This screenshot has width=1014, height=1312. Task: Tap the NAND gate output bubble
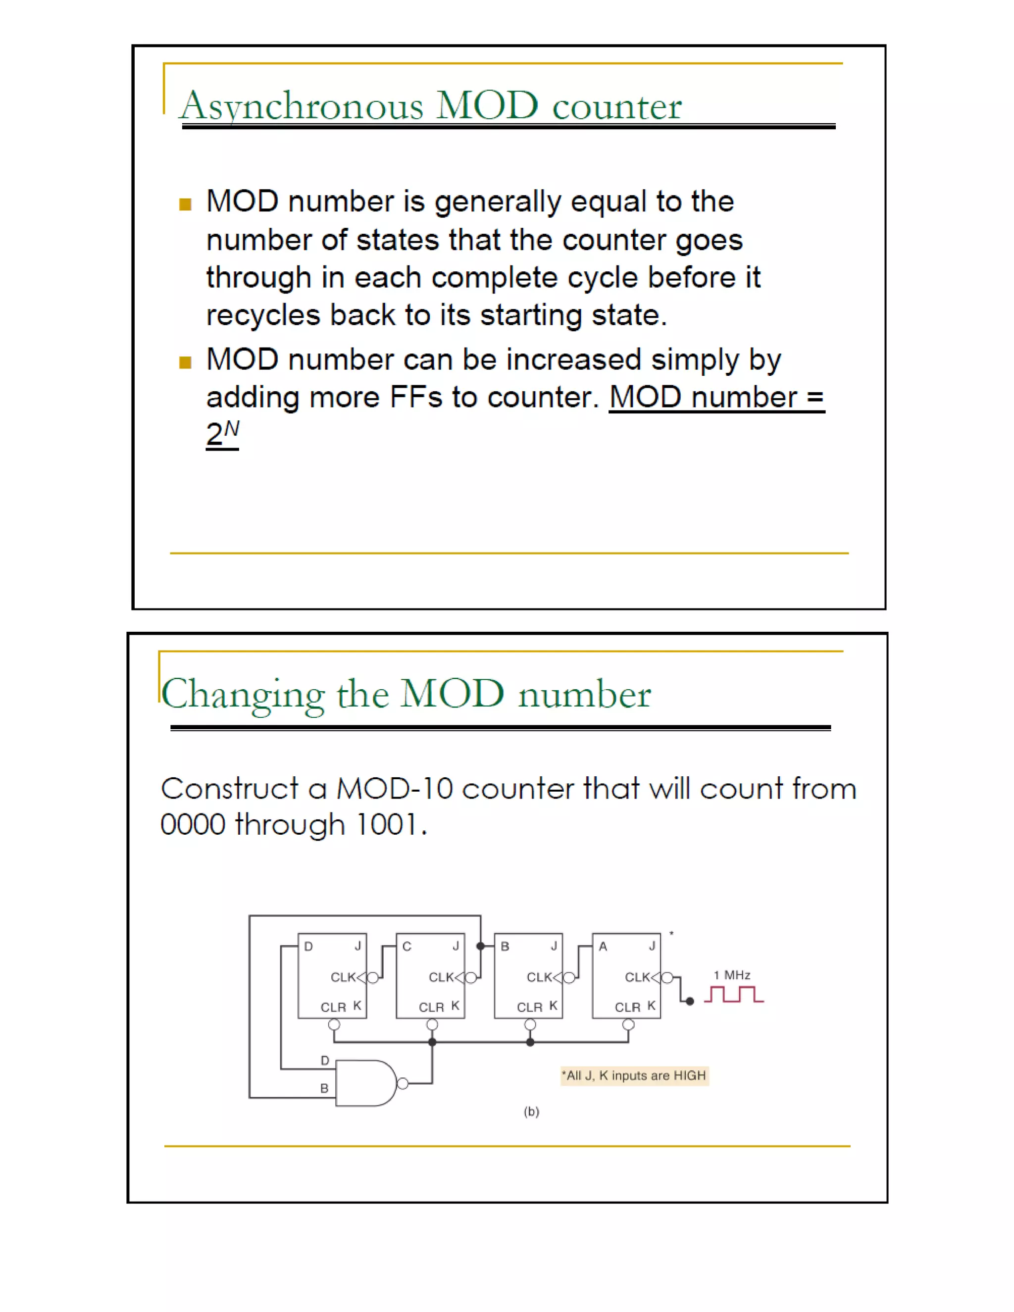[x=403, y=1084]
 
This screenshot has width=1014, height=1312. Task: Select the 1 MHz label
[x=732, y=975]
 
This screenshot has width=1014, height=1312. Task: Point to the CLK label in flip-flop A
[x=637, y=977]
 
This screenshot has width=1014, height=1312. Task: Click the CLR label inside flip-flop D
[x=333, y=1008]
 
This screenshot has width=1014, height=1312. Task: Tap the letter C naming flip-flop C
[x=406, y=947]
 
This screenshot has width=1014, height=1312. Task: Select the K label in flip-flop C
[x=456, y=1006]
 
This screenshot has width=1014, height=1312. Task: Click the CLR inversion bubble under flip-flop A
[x=628, y=1025]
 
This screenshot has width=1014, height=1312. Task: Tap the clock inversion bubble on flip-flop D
[x=372, y=978]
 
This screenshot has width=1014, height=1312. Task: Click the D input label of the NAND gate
[x=325, y=1060]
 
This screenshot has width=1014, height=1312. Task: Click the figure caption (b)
[x=532, y=1111]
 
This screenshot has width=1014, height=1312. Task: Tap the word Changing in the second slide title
[x=243, y=695]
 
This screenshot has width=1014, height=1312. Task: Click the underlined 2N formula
[x=222, y=433]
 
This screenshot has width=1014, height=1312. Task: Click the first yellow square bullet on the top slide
[x=185, y=204]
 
